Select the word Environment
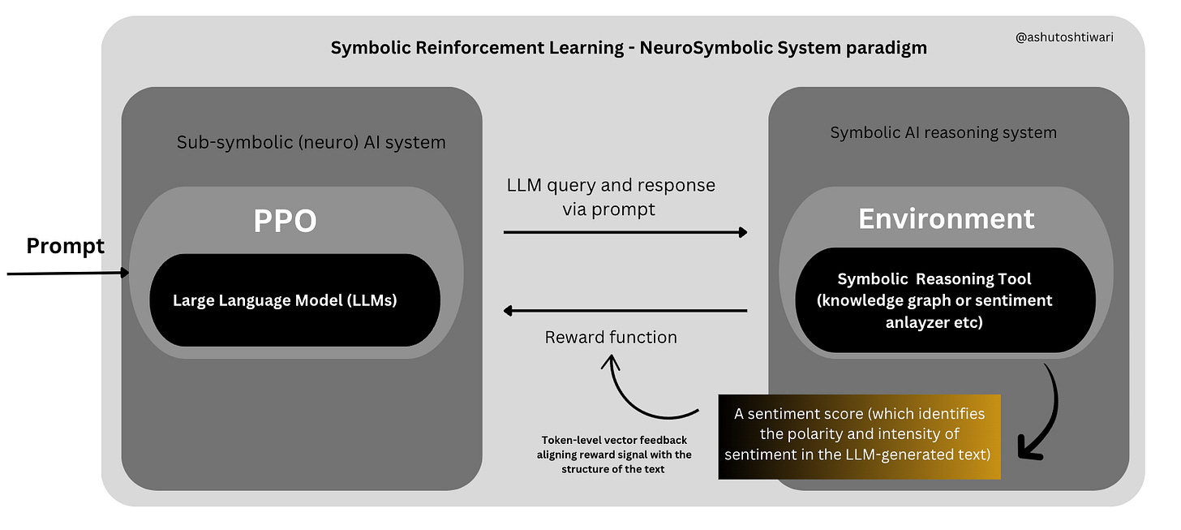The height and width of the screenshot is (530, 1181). click(x=946, y=218)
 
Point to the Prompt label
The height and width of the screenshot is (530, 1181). click(x=66, y=246)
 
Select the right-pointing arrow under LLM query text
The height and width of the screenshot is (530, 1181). click(x=625, y=232)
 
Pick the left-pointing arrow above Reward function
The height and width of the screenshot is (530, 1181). click(x=625, y=310)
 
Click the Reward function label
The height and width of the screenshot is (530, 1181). click(x=611, y=337)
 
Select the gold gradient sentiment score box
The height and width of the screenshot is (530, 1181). click(x=860, y=437)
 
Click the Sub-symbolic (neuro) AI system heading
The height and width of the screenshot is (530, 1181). click(x=311, y=142)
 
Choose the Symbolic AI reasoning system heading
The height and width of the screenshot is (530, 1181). click(x=943, y=131)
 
